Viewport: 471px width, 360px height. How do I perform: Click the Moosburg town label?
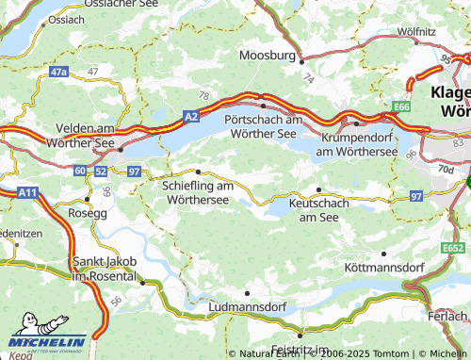tap(268, 56)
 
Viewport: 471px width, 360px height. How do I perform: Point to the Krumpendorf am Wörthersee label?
tap(362, 144)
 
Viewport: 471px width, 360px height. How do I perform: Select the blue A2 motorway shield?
tap(191, 115)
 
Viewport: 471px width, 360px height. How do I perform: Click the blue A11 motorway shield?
tap(27, 191)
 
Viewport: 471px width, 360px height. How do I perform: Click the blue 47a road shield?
tap(60, 72)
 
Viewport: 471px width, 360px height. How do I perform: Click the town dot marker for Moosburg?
tap(300, 61)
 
